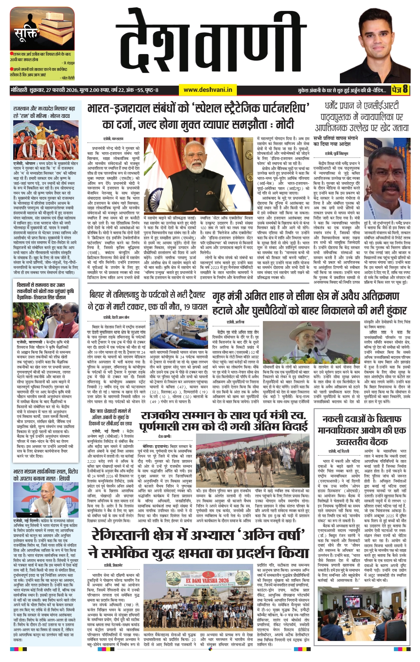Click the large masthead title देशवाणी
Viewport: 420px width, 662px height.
218,47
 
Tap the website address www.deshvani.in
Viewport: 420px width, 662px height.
208,90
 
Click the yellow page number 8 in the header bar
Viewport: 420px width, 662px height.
405,90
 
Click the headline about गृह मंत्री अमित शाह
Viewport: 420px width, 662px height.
310,304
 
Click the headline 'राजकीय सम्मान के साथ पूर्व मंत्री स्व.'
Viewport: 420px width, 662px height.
224,421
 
